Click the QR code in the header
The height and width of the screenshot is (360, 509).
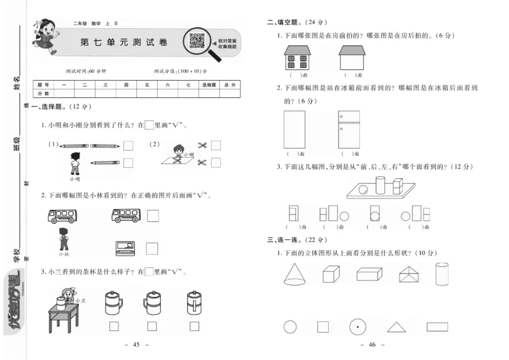point(197,41)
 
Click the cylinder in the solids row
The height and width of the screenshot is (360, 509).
point(441,274)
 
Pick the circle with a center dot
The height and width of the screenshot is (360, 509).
point(358,327)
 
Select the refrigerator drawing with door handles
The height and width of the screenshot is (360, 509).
point(349,129)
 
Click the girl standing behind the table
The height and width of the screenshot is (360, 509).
point(65,297)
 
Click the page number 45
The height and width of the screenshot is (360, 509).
point(136,345)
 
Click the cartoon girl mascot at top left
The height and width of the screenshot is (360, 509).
point(46,37)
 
